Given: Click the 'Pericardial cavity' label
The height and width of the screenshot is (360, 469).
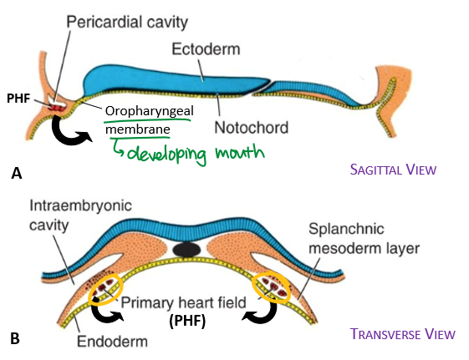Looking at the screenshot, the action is coord(127,22).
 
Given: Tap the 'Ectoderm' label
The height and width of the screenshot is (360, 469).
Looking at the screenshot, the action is coord(206,49).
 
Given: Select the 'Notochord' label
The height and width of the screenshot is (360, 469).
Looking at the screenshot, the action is coord(252,128).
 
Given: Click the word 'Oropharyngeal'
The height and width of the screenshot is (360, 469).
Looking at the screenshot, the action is coord(150,111).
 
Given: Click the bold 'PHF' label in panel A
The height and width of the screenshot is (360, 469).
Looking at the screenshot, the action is coord(18,99).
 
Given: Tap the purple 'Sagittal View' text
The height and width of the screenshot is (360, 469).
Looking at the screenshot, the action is coord(393,170).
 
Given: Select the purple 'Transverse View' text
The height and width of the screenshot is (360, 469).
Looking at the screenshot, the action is coord(403,334).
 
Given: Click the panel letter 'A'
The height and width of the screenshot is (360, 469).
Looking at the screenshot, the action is coord(17,173).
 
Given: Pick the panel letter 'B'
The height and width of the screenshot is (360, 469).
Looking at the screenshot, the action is coord(15,339).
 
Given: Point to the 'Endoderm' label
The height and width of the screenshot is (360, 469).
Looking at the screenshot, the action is coord(113,341).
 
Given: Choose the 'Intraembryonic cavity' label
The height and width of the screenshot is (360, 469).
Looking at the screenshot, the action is coord(80,215).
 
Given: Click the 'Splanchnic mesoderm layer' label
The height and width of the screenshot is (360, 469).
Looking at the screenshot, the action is coord(364,238).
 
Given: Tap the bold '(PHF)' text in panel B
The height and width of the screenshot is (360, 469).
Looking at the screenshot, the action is coord(187,322).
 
